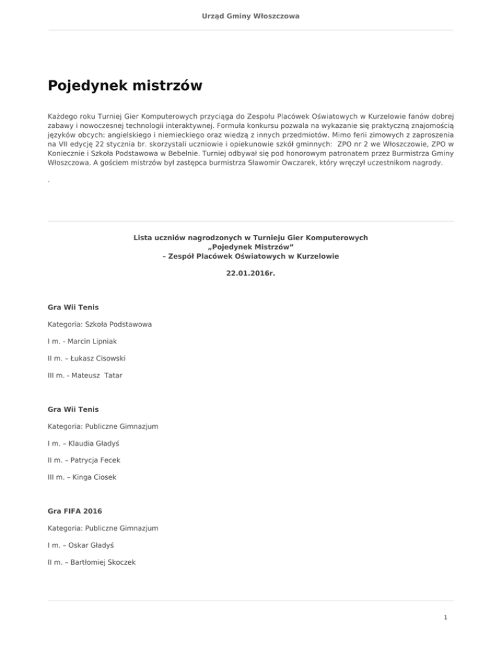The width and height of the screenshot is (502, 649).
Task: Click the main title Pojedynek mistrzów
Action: point(125,86)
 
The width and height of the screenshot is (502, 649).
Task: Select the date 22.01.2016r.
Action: point(251,274)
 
